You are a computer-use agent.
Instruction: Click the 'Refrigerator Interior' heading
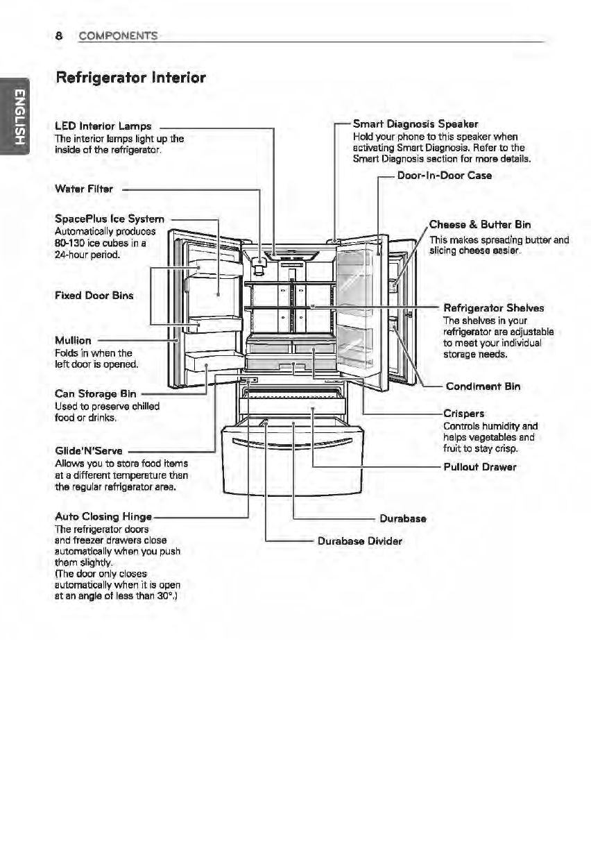[x=131, y=78]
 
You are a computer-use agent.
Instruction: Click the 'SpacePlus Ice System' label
[x=109, y=220]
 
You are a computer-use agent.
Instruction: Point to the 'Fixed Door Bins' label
[x=94, y=295]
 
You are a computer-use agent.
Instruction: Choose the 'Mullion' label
[x=73, y=340]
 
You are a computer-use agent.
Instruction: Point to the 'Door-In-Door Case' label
[x=445, y=176]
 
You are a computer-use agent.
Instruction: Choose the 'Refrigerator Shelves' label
[x=493, y=308]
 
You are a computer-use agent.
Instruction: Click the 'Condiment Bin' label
[x=483, y=386]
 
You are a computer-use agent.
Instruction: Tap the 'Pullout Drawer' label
[x=480, y=466]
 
